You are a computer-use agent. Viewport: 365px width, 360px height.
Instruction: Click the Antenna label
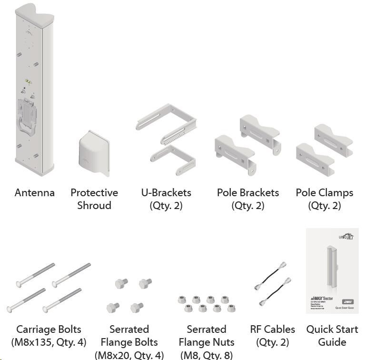pos(34,193)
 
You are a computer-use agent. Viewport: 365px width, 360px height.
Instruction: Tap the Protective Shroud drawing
pos(93,152)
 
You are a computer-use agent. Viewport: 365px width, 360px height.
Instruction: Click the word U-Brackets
pos(166,193)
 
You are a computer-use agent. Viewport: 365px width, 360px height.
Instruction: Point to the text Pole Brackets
pos(247,193)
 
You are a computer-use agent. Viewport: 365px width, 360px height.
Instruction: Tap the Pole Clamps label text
pos(324,193)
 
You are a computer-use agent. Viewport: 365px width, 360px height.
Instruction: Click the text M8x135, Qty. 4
pos(49,342)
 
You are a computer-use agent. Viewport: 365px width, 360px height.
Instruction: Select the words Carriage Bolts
pos(49,329)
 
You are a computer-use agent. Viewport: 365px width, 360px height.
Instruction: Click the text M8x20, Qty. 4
pos(129,355)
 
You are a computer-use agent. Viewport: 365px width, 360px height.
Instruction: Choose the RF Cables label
pos(272,329)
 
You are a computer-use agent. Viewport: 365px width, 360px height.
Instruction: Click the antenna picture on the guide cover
pos(332,269)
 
